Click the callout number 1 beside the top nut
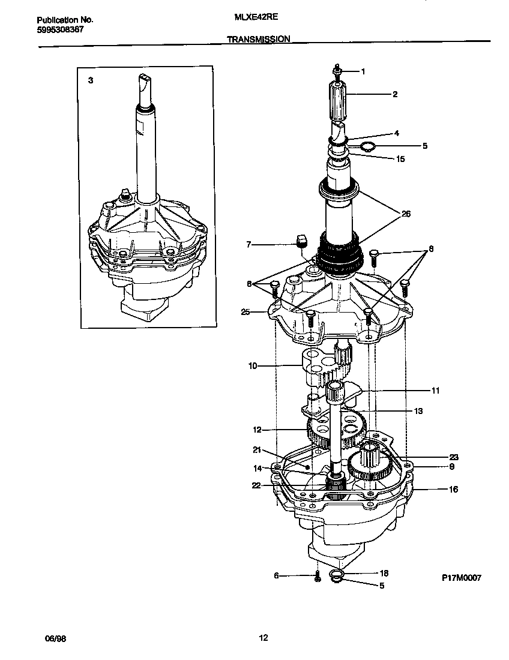[x=363, y=71]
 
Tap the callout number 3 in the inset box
[x=91, y=80]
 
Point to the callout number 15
[x=400, y=159]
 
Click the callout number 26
[x=406, y=214]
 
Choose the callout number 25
[x=244, y=311]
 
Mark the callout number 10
[x=252, y=365]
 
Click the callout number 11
[x=435, y=391]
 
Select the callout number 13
[x=418, y=411]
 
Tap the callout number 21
[x=257, y=449]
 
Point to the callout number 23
[x=454, y=456]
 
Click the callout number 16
[x=453, y=490]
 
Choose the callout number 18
[x=385, y=573]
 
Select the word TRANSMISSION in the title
[x=259, y=39]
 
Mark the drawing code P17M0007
[x=461, y=578]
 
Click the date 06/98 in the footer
[x=55, y=639]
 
